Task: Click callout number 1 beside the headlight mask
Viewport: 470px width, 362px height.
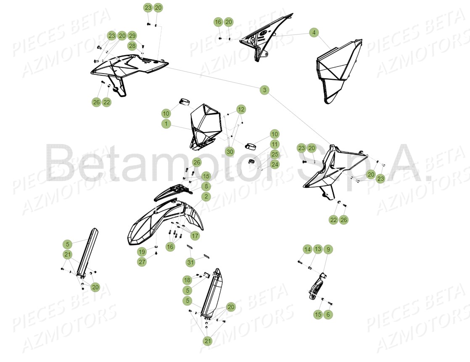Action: [166, 124]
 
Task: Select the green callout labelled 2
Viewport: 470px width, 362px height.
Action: [206, 196]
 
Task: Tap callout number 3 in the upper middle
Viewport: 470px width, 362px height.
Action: [264, 90]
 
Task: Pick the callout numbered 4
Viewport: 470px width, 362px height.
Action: [314, 32]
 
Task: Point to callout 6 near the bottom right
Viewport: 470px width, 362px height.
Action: [328, 314]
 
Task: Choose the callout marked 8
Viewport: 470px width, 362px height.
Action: [206, 186]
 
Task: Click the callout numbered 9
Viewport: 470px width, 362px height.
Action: [328, 249]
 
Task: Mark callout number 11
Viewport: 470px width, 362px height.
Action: [275, 144]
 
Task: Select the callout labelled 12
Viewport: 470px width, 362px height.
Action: [240, 109]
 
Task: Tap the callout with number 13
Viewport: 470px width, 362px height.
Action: [318, 249]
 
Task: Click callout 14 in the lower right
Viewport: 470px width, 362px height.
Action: [307, 249]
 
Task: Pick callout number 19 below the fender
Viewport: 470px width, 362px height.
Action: [142, 252]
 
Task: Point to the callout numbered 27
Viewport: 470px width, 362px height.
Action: [142, 262]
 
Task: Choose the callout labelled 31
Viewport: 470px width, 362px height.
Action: [191, 262]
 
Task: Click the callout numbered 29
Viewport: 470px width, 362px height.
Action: [132, 36]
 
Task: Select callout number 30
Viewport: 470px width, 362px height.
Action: [230, 152]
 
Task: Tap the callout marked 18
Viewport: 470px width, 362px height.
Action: [187, 280]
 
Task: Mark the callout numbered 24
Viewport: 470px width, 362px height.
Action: [275, 164]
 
